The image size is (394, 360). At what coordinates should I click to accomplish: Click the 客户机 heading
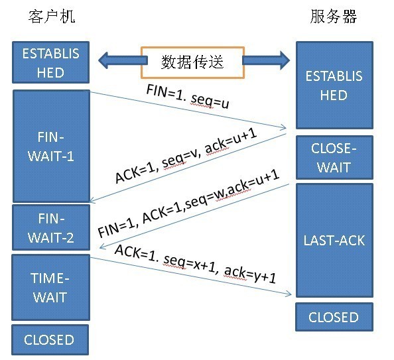click(x=52, y=17)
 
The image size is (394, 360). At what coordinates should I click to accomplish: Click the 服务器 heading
click(x=333, y=17)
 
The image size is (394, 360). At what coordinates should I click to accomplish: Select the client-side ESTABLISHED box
click(x=50, y=62)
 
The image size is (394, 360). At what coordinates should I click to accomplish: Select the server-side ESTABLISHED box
click(x=334, y=85)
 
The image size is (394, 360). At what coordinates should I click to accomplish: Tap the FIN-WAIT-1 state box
click(x=50, y=146)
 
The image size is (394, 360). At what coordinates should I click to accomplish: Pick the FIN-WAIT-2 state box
click(x=50, y=227)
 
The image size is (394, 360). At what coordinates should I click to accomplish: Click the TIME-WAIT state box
click(x=50, y=286)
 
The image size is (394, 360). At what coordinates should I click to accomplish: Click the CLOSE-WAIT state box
click(x=334, y=158)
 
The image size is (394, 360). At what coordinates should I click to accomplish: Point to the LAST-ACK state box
click(x=334, y=240)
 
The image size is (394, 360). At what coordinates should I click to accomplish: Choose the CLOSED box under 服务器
click(x=333, y=318)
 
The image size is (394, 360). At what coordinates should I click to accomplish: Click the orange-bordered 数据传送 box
click(x=192, y=62)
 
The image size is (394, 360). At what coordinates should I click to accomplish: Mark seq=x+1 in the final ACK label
click(x=187, y=263)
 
